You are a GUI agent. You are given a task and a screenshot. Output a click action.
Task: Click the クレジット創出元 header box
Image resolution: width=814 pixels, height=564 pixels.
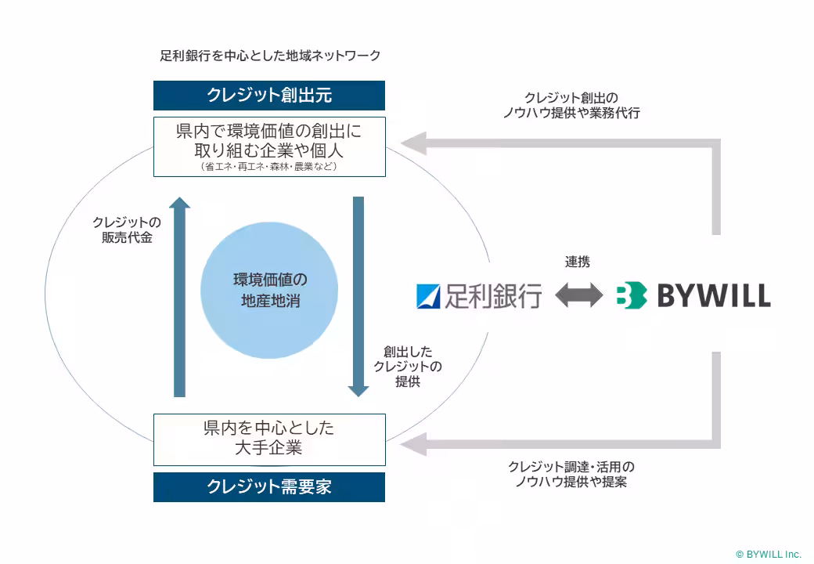point(269,96)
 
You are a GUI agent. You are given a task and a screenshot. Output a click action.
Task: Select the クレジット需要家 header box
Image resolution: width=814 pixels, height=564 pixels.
point(269,486)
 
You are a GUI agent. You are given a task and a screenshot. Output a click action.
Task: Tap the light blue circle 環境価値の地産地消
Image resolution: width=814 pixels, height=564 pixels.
point(269,290)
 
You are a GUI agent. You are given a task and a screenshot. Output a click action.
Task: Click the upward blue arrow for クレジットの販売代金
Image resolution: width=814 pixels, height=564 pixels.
point(180,298)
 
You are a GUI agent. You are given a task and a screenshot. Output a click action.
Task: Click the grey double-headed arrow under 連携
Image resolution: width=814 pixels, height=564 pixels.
point(578,295)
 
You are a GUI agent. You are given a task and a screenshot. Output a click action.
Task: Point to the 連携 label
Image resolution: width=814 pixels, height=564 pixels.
point(578,262)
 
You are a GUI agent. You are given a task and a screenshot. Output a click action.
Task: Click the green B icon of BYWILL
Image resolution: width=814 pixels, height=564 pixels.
point(631,295)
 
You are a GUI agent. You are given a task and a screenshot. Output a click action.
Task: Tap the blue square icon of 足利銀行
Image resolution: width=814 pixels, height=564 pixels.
point(429,295)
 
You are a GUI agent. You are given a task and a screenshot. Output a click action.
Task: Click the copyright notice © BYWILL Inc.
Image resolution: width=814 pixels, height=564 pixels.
point(768,553)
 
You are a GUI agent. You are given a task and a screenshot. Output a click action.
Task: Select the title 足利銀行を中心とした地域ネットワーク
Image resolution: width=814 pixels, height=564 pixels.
point(270,55)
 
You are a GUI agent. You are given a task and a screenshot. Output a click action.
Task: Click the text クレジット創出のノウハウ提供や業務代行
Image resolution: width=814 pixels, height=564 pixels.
point(571,106)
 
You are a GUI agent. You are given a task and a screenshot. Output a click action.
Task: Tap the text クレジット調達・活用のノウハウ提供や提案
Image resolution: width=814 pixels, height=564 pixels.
point(571,474)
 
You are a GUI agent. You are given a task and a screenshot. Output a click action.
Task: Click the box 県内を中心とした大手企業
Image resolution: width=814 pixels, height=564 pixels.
point(269,439)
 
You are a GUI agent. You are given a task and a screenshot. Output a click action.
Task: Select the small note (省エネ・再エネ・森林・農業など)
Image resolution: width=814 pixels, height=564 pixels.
point(269,166)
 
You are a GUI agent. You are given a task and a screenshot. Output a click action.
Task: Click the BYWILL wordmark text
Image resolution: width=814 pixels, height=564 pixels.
point(713,296)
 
